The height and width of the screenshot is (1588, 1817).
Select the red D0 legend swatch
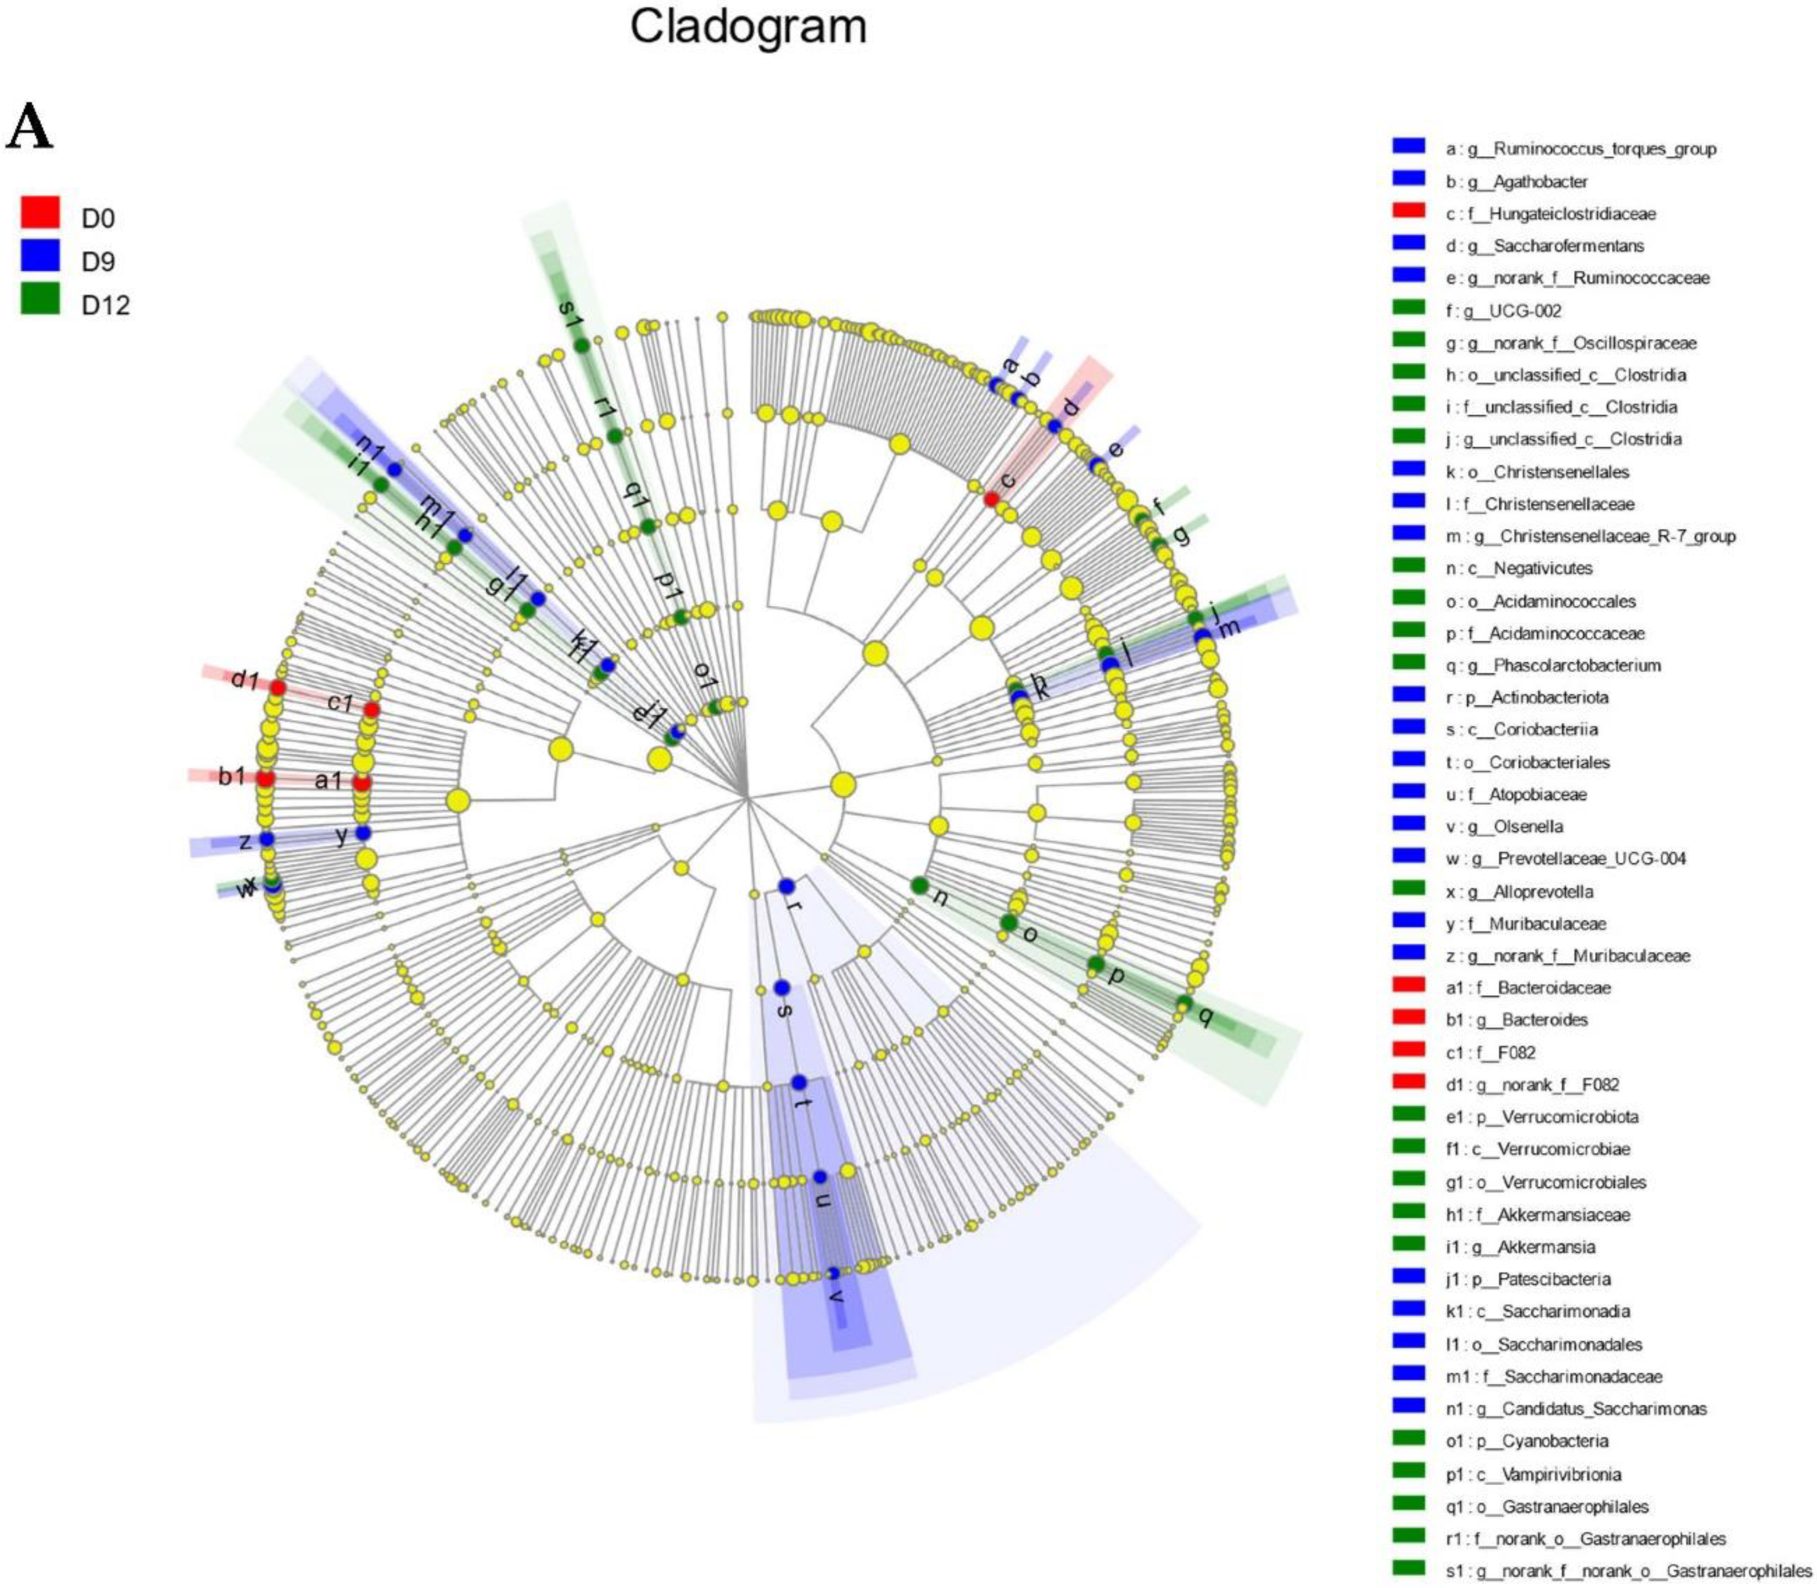[40, 212]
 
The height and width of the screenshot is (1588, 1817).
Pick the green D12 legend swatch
[40, 298]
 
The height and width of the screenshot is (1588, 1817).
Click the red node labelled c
[991, 499]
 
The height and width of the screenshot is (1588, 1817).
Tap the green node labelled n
[919, 885]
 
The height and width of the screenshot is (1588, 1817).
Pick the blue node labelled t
[798, 1082]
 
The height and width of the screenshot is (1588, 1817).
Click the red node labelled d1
[277, 688]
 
